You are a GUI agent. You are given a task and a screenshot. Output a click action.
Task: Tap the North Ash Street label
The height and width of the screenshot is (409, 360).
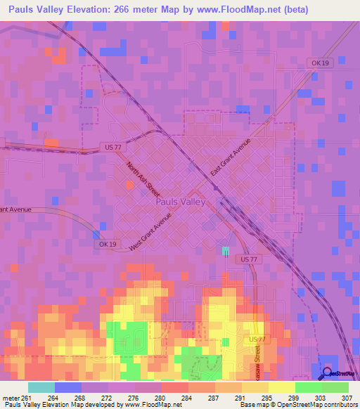click(x=143, y=179)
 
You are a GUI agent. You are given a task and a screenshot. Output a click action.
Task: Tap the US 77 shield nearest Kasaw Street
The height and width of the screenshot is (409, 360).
click(x=257, y=339)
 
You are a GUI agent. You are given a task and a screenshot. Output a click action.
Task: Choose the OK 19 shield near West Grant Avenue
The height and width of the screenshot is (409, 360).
click(x=104, y=244)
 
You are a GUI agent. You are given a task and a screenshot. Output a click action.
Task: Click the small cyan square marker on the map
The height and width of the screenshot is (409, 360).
click(x=226, y=251)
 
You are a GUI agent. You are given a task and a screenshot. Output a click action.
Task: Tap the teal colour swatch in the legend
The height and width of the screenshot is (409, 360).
click(x=41, y=387)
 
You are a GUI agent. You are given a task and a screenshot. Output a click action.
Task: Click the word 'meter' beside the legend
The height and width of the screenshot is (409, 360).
click(x=11, y=397)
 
